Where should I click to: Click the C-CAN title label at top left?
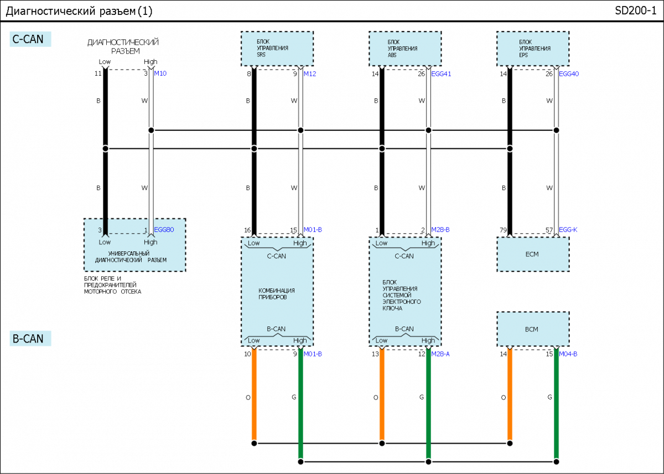pos(30,39)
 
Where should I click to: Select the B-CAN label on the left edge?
pos(30,339)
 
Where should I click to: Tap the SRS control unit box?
pos(277,49)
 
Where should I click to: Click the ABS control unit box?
pos(405,49)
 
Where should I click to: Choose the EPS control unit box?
pos(532,49)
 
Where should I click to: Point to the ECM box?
pos(532,254)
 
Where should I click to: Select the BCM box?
pos(532,329)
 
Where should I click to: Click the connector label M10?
pos(161,73)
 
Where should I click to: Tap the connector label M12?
pos(310,74)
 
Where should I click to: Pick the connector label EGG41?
pos(441,74)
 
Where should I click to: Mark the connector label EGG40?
pos(569,74)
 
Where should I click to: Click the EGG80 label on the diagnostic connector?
pos(164,230)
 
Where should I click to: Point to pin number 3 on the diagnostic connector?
pos(100,230)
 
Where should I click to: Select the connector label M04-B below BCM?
pos(568,354)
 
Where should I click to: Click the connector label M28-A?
pos(440,354)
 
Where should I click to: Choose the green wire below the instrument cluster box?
pos(300,398)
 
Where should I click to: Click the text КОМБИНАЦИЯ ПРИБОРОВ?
pos(276,294)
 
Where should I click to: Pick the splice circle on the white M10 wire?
pos(151,130)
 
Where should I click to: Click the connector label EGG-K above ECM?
pos(568,230)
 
